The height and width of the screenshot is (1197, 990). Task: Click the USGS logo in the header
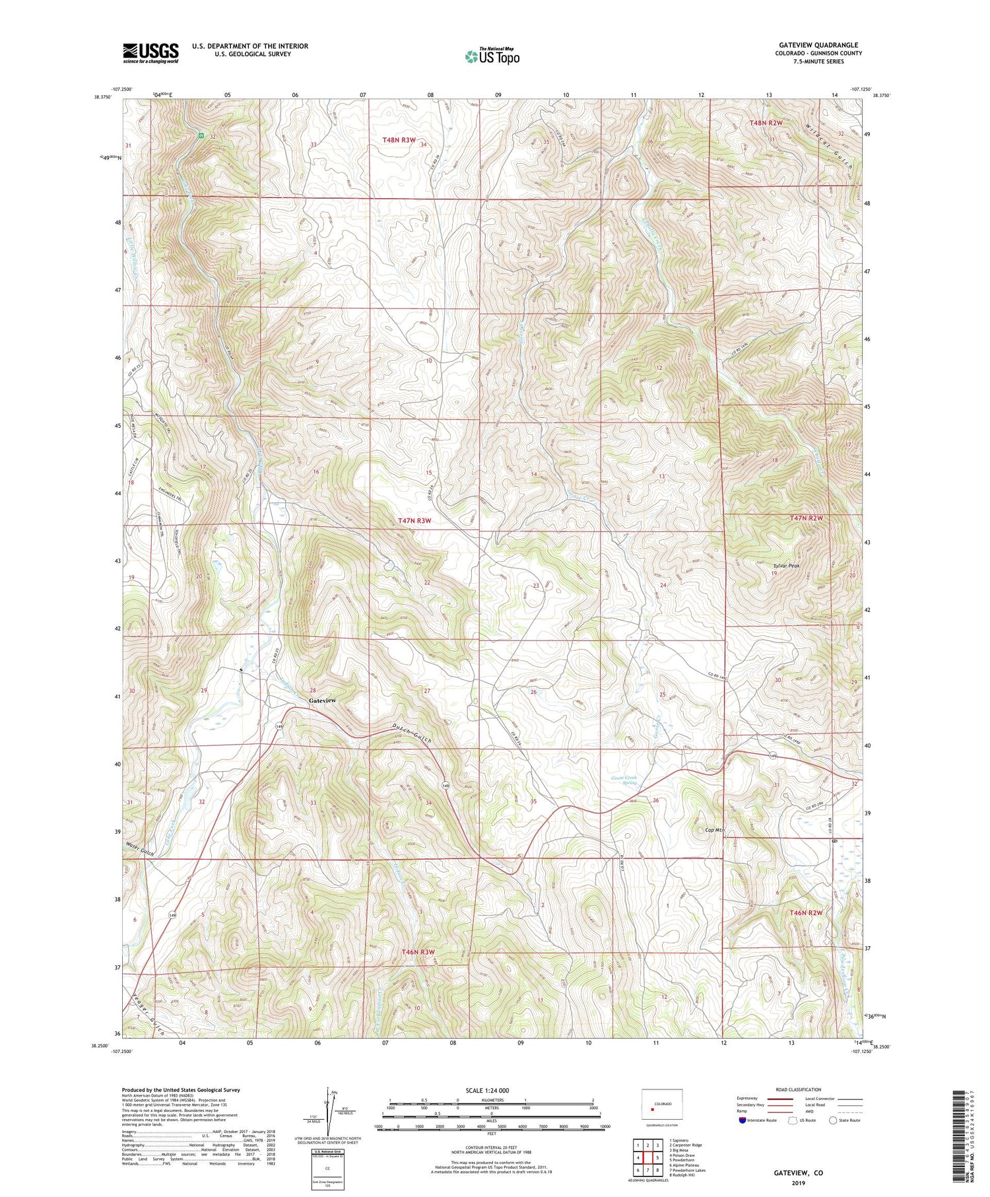pos(150,53)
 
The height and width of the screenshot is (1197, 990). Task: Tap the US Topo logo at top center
pos(492,57)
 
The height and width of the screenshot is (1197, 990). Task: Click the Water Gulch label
pos(140,853)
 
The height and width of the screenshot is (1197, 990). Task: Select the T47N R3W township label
pos(414,521)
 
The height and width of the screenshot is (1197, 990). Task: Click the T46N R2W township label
pos(806,912)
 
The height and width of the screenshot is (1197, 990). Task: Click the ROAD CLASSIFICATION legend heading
pos(799,1089)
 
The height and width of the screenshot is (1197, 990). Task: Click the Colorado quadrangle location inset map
pos(662,1104)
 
